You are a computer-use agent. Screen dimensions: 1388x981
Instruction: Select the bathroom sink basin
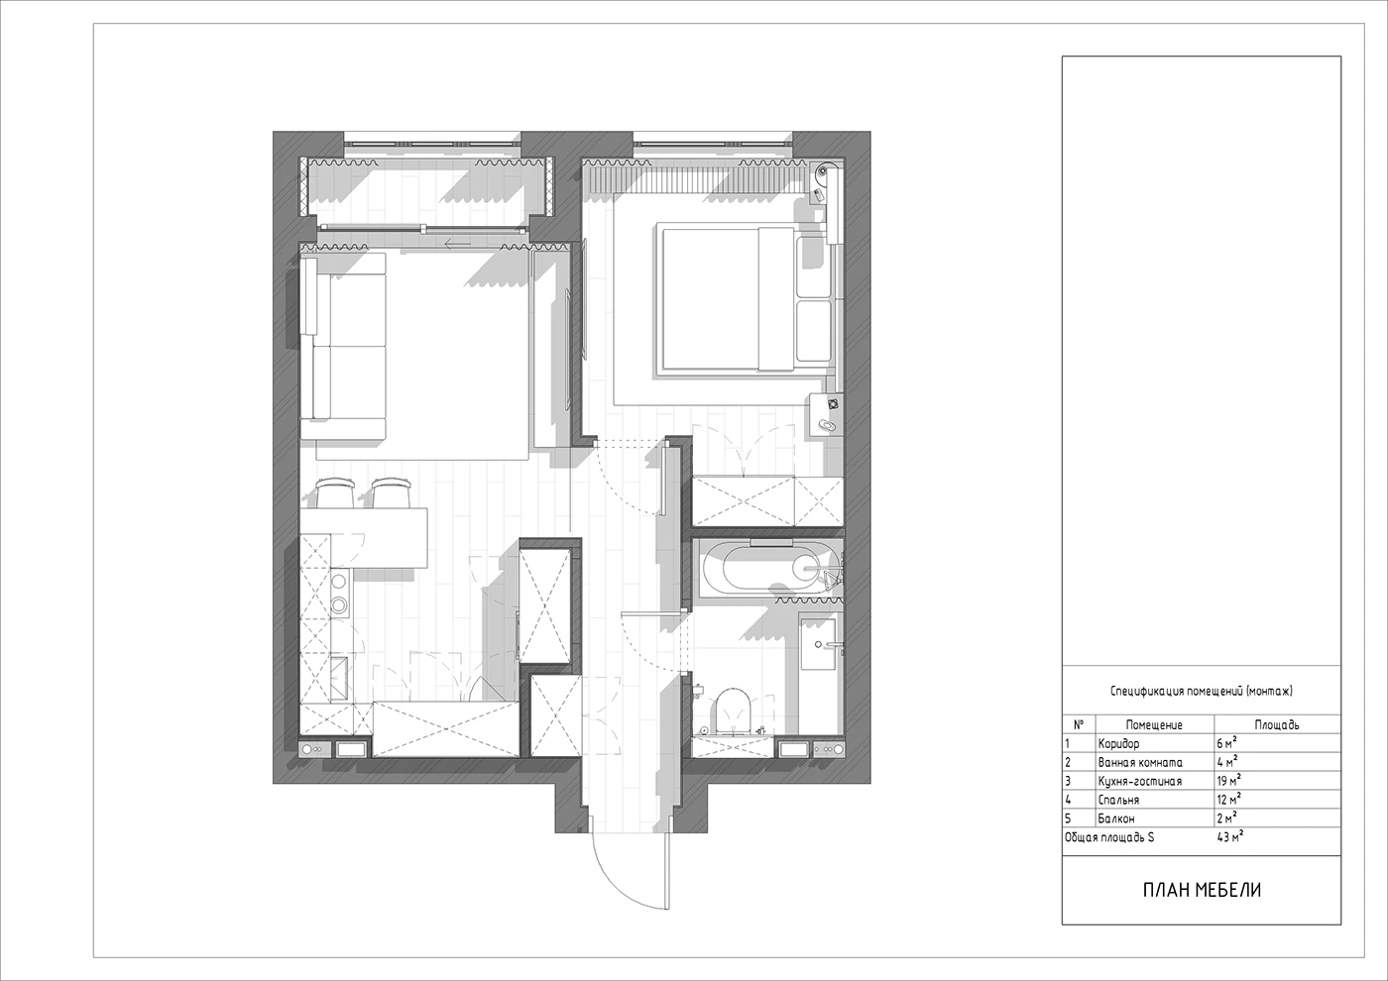coord(818,644)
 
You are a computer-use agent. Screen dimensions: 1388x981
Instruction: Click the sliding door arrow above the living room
coord(457,244)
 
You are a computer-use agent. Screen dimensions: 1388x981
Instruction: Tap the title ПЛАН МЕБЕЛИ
coord(1202,890)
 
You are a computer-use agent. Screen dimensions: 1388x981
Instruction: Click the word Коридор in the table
coord(1118,743)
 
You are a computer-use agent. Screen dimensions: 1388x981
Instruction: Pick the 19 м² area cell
coord(1228,781)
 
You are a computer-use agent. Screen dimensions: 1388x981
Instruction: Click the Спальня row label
coord(1118,800)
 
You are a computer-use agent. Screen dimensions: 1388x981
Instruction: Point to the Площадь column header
coord(1277,724)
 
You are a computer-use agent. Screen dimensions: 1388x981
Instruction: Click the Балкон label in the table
coord(1116,818)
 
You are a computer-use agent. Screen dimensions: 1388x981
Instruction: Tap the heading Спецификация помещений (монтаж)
coord(1202,692)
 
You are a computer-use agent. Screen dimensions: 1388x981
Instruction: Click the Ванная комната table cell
coord(1140,762)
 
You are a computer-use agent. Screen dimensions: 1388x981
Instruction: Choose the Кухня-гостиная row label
coord(1139,781)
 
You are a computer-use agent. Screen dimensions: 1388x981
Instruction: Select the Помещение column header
coord(1154,724)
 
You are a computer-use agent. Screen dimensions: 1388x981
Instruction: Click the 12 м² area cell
coord(1228,799)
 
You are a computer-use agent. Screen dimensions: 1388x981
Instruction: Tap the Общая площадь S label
coord(1109,837)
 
